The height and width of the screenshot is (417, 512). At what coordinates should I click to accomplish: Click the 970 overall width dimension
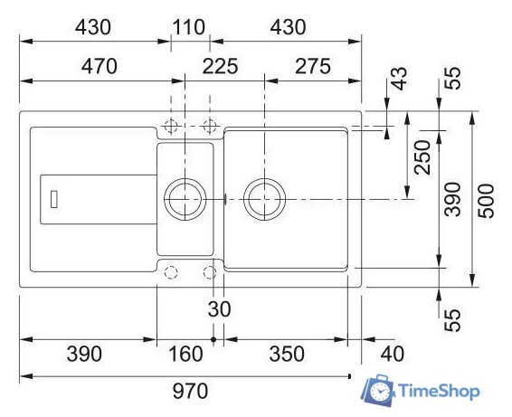(x=190, y=391)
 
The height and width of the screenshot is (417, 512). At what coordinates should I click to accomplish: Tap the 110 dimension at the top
(x=189, y=27)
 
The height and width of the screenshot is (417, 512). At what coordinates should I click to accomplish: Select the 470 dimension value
(x=99, y=66)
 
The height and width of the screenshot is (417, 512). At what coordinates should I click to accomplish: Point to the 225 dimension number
(x=220, y=66)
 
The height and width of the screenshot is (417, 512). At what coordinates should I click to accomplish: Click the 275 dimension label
(x=313, y=66)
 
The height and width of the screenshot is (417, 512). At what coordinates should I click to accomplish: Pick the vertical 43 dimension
(x=399, y=79)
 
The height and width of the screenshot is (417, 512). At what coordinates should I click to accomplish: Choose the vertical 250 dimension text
(x=422, y=157)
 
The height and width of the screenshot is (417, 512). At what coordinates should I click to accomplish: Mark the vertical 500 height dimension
(x=486, y=201)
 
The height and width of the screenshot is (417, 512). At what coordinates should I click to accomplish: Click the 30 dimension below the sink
(x=219, y=309)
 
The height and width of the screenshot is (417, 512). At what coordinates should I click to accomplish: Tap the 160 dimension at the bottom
(x=185, y=354)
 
